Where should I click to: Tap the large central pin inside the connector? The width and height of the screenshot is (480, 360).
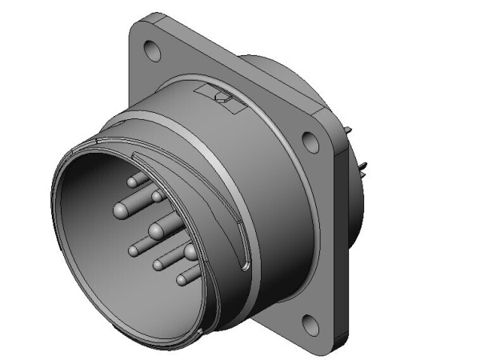coord(156,232)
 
